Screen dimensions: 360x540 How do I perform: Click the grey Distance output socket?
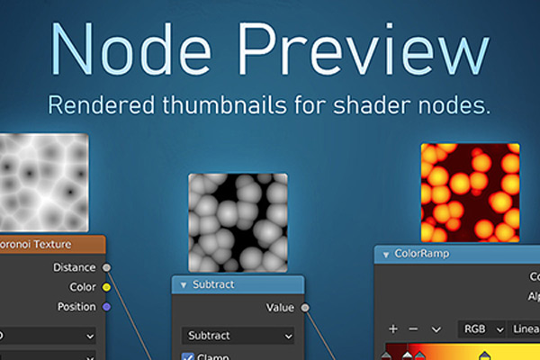coord(107,267)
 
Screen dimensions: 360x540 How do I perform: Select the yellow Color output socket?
coord(107,287)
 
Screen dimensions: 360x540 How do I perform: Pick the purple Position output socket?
coord(107,307)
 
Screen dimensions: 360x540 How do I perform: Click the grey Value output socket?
coord(304,308)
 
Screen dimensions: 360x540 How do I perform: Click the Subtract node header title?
coord(213,284)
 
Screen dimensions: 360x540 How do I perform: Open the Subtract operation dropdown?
coord(238,336)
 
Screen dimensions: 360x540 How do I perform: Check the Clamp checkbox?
coord(188,356)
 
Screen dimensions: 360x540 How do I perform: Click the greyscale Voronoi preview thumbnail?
coord(44,180)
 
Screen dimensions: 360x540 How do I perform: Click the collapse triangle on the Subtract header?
coord(182,285)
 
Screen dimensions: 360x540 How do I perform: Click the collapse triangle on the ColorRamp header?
coord(385,255)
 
